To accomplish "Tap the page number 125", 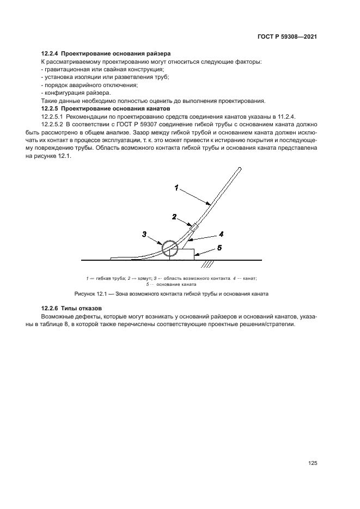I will coord(312,463).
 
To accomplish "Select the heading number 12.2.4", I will coord(50,54).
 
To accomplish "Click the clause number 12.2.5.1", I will coord(52,116).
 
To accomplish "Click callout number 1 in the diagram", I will coord(176,188).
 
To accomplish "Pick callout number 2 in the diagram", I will coord(174,216).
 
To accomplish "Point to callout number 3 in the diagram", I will coord(144,234).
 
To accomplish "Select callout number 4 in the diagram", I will coord(222,235).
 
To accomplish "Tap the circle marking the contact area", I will coord(169,249).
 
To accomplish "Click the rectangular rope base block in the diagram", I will coord(182,254).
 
